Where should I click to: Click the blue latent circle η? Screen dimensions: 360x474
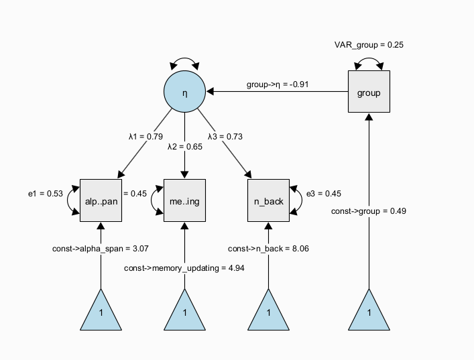184,93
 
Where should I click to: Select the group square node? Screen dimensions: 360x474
369,93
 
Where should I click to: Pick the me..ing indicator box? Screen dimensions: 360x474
184,200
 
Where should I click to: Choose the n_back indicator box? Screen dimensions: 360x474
268,200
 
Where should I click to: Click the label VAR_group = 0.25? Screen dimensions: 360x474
369,45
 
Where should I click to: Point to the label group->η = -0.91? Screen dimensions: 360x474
278,85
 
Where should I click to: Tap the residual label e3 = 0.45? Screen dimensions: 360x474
324,194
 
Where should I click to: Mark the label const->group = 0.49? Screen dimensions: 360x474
369,212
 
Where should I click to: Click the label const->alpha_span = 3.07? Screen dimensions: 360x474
100,249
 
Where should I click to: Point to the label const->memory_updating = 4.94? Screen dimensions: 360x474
184,268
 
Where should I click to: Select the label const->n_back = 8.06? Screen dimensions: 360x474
268,249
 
